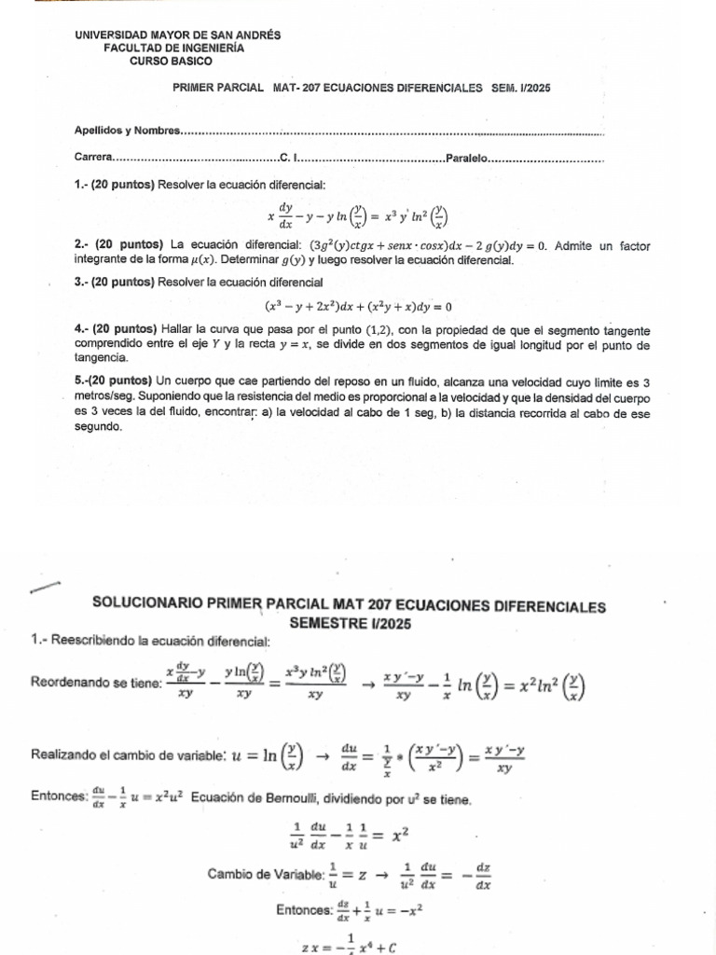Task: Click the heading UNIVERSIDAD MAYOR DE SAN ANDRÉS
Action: click(x=177, y=35)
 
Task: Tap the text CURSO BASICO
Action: click(x=171, y=61)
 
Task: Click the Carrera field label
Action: click(x=93, y=158)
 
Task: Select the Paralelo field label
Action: click(x=469, y=158)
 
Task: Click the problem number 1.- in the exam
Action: click(x=80, y=185)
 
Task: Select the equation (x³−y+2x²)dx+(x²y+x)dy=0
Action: click(x=358, y=306)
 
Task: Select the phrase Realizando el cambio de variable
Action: click(x=127, y=753)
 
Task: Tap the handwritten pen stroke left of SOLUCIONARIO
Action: click(x=44, y=587)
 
